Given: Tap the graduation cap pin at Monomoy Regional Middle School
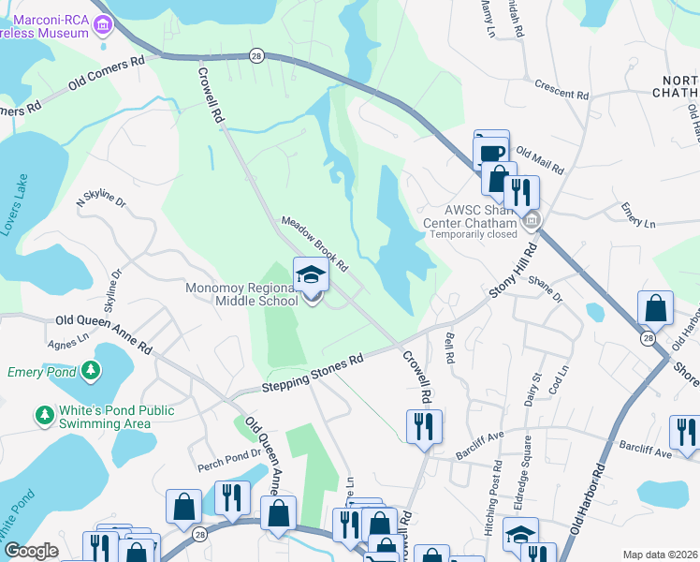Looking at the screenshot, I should [x=312, y=274].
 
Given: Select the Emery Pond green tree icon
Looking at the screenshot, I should [x=90, y=372].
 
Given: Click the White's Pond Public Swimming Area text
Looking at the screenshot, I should [x=104, y=417].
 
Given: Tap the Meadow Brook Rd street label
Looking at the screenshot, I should [x=315, y=243].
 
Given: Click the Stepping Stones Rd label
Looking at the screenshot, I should [x=312, y=374].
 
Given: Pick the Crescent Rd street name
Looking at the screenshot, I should [x=561, y=90].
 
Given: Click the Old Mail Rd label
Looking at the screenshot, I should [x=540, y=161].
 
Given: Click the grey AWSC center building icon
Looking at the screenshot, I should [x=532, y=221].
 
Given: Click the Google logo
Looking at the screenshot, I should [x=31, y=551].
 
